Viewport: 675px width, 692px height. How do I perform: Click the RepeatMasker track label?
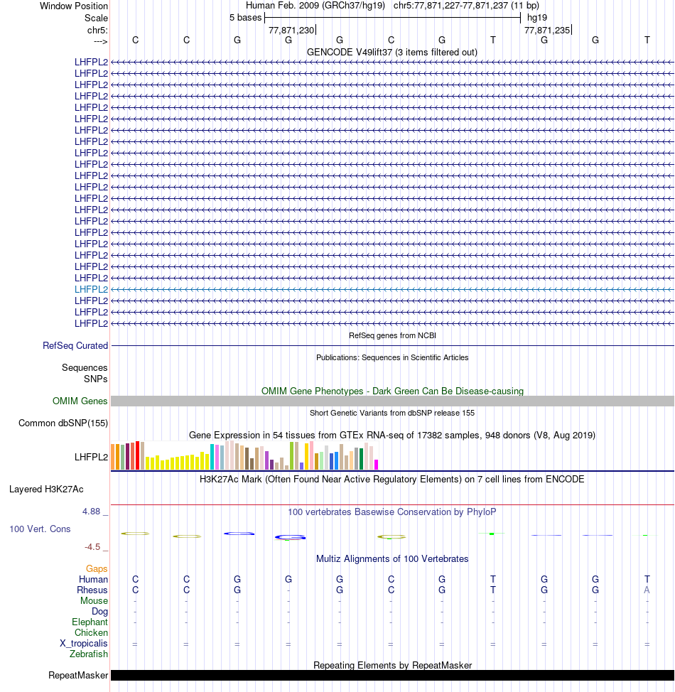click(78, 675)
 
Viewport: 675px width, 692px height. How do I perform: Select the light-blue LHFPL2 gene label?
click(91, 289)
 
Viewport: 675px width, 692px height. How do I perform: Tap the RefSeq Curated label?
click(75, 345)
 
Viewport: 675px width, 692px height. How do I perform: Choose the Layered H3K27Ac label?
click(46, 489)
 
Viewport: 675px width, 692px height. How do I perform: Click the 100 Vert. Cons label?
click(40, 529)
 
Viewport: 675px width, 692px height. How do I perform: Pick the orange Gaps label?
click(97, 568)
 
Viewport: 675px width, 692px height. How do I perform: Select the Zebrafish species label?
click(89, 654)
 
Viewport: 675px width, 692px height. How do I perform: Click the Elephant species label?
click(90, 622)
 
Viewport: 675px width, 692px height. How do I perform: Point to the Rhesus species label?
click(92, 590)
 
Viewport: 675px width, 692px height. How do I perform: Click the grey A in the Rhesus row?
click(647, 590)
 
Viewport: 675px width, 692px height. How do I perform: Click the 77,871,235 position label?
click(546, 31)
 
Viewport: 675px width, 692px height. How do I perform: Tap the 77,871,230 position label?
click(291, 31)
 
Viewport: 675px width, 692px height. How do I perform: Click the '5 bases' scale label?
click(245, 18)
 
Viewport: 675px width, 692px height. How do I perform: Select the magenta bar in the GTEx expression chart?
click(377, 464)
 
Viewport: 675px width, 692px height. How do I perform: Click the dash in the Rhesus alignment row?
click(288, 590)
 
